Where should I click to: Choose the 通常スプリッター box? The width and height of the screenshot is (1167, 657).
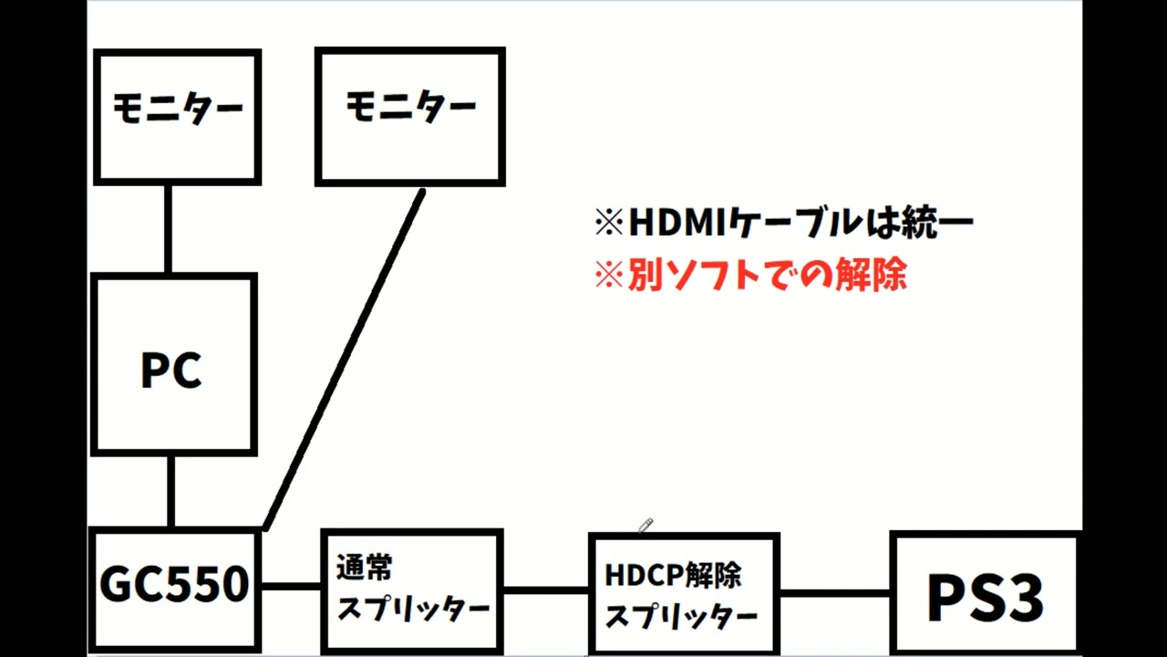point(412,589)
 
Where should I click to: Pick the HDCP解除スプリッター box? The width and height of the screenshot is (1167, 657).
point(684,594)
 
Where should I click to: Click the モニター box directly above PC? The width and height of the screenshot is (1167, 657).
point(178,116)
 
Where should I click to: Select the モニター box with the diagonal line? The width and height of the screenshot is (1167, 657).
point(410,116)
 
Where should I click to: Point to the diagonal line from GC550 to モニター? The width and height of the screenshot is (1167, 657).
point(345,359)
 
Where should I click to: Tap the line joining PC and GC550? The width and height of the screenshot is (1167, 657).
point(170,491)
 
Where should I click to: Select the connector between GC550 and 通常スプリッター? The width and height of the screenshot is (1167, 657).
point(291,587)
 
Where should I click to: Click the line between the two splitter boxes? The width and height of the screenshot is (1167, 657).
point(545,589)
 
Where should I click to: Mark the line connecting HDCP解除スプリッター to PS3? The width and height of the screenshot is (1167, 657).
point(834,593)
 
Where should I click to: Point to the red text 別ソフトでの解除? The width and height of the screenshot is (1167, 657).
point(767,275)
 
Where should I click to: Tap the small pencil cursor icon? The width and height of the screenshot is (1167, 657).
point(645,525)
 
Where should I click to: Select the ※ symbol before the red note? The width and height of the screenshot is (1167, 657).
point(607,275)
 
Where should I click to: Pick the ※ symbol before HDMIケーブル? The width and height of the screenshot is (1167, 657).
point(607,223)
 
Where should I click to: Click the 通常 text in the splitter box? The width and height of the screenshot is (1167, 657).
point(365,568)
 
